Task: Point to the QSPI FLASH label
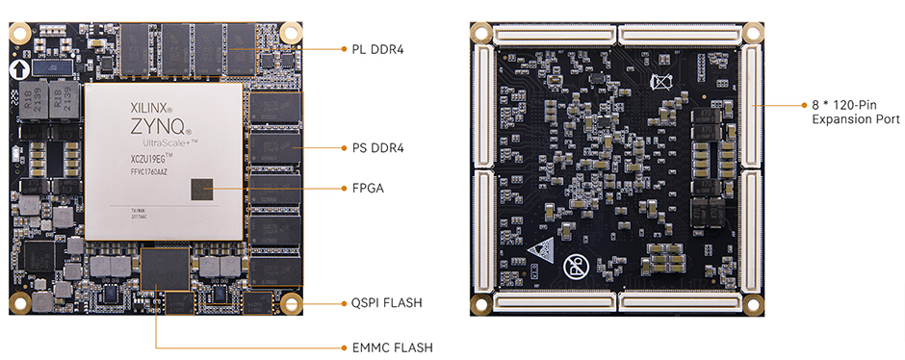(386, 303)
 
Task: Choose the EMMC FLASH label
(387, 347)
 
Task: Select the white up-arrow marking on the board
(19, 70)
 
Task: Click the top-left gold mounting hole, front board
(19, 33)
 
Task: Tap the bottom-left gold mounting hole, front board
(19, 305)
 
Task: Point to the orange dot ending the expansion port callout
(755, 104)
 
